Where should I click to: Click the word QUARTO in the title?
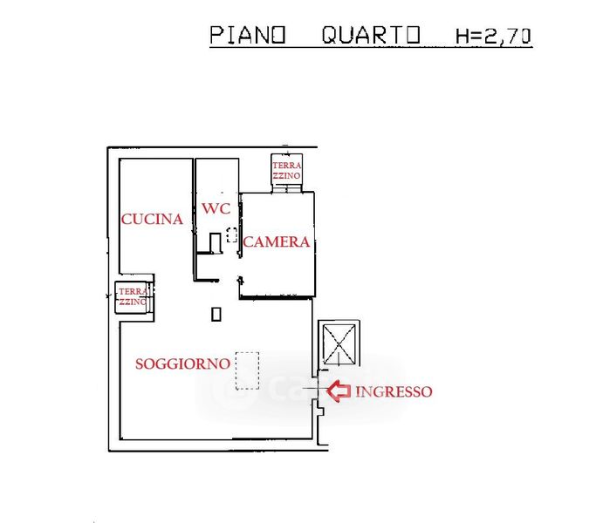pos(372,36)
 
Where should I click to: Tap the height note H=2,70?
pos(494,36)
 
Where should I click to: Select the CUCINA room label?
pos(153,220)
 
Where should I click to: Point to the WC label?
pos(216,208)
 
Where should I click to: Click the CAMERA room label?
pos(277,242)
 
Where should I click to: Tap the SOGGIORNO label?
pos(182,363)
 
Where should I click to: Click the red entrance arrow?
pos(339,392)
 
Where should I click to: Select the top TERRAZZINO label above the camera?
pos(287,171)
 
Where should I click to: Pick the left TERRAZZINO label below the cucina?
pos(133,296)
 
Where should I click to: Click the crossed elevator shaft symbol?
pos(339,343)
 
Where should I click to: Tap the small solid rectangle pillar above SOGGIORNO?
pos(216,315)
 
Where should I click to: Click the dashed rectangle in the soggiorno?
pos(248,370)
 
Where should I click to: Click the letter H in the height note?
pos(463,36)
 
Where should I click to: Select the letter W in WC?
pos(209,208)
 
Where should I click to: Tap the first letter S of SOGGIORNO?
pos(140,363)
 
